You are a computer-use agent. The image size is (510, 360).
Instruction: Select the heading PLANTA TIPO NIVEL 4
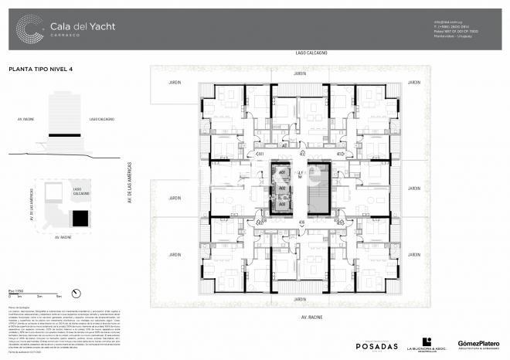(x=40, y=70)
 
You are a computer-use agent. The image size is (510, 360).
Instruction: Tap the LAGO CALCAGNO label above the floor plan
(x=311, y=53)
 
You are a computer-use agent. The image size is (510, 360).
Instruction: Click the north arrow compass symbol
(x=76, y=293)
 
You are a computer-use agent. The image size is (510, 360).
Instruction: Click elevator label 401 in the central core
(x=282, y=172)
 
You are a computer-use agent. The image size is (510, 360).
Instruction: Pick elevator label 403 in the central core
(x=282, y=204)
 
